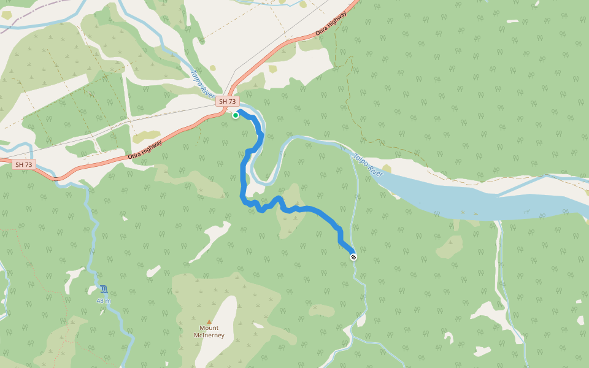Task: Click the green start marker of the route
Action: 236,115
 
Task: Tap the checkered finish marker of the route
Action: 353,256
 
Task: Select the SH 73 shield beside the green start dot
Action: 227,101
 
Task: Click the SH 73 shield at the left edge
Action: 23,164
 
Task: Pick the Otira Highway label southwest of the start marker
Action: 145,151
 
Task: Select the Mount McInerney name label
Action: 209,332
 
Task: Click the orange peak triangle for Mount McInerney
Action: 209,321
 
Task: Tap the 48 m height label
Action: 103,301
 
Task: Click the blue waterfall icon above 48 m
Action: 103,289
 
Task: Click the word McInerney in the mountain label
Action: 209,335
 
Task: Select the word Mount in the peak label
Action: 209,328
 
